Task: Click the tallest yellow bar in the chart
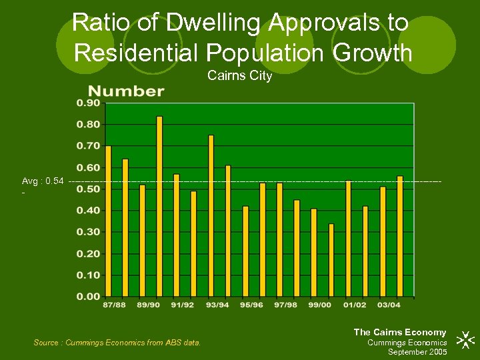159,206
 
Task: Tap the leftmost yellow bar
109,221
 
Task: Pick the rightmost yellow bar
400,236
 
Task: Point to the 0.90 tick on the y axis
88,103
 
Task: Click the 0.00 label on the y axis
88,296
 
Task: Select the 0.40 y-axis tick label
88,211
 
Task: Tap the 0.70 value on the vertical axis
88,146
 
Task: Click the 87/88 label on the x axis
113,305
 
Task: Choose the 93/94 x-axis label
217,305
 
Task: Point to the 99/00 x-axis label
319,305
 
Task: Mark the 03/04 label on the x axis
389,305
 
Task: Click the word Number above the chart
126,91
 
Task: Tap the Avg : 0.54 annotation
43,181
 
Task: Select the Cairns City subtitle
239,76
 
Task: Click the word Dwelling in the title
215,23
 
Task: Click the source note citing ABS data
117,343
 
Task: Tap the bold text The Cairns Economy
399,332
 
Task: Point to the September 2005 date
417,352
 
